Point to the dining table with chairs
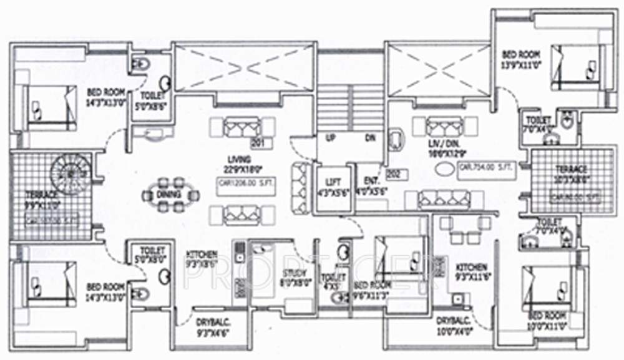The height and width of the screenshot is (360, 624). [x=170, y=195]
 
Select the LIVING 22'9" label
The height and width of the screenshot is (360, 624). [x=238, y=163]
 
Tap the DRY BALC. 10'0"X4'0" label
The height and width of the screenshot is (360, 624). [x=455, y=324]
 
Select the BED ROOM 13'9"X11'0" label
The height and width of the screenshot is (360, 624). [x=521, y=59]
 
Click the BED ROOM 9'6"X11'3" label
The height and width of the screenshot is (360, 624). [x=372, y=289]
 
